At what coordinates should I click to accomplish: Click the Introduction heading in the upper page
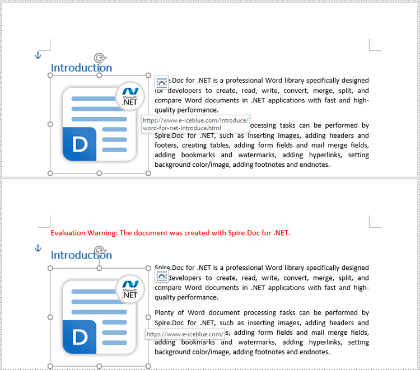click(x=81, y=68)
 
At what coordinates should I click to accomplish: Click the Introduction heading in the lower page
click(x=81, y=255)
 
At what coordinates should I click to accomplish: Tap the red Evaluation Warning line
click(x=170, y=233)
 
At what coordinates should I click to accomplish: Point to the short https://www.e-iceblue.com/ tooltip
click(x=185, y=334)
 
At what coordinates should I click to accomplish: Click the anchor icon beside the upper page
click(x=39, y=55)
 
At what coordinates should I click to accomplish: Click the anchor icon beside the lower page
click(x=39, y=248)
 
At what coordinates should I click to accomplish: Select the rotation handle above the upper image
click(x=100, y=57)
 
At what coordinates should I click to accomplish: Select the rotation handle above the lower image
click(x=100, y=250)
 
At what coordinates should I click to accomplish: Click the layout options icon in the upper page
click(x=161, y=82)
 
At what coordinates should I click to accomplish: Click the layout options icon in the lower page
click(x=161, y=275)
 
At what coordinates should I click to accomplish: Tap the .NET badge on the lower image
click(x=130, y=289)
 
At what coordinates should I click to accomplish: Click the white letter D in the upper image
click(x=80, y=144)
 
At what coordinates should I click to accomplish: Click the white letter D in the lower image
click(x=80, y=337)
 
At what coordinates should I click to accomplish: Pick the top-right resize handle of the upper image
click(x=148, y=75)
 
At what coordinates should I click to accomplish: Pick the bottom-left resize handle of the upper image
click(x=50, y=173)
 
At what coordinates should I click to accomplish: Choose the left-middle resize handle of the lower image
click(x=50, y=317)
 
